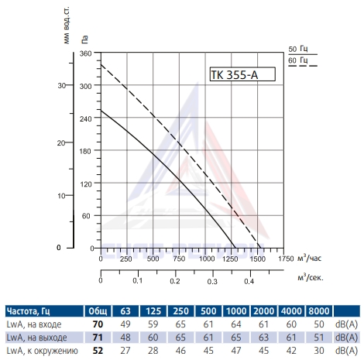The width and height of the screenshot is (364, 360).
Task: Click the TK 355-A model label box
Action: (x=242, y=74)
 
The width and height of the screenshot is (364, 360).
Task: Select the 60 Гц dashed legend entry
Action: (x=303, y=62)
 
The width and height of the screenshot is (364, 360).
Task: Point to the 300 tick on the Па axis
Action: (x=85, y=86)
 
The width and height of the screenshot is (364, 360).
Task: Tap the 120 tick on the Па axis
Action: (x=85, y=184)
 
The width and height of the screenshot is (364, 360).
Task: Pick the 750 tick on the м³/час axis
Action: (x=179, y=259)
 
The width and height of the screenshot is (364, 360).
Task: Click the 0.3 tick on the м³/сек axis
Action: (x=212, y=281)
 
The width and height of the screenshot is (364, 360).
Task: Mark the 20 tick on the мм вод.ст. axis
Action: (x=61, y=142)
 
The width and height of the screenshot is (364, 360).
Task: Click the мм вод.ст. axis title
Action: (x=67, y=26)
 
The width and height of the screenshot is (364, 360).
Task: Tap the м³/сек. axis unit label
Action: (x=311, y=278)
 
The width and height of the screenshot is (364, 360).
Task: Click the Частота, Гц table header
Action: (x=28, y=311)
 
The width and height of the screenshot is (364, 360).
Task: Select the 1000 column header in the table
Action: (x=236, y=311)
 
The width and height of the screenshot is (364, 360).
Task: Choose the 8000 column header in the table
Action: (x=319, y=311)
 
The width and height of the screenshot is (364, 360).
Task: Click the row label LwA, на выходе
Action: (x=36, y=338)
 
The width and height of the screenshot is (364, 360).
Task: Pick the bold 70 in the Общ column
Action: (x=98, y=324)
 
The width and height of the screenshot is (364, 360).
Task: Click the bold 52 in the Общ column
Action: (x=98, y=351)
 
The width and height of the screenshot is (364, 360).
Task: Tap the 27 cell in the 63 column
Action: (x=125, y=351)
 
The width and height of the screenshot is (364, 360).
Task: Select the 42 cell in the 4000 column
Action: (x=291, y=351)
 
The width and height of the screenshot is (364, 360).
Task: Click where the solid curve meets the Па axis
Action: (x=101, y=111)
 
